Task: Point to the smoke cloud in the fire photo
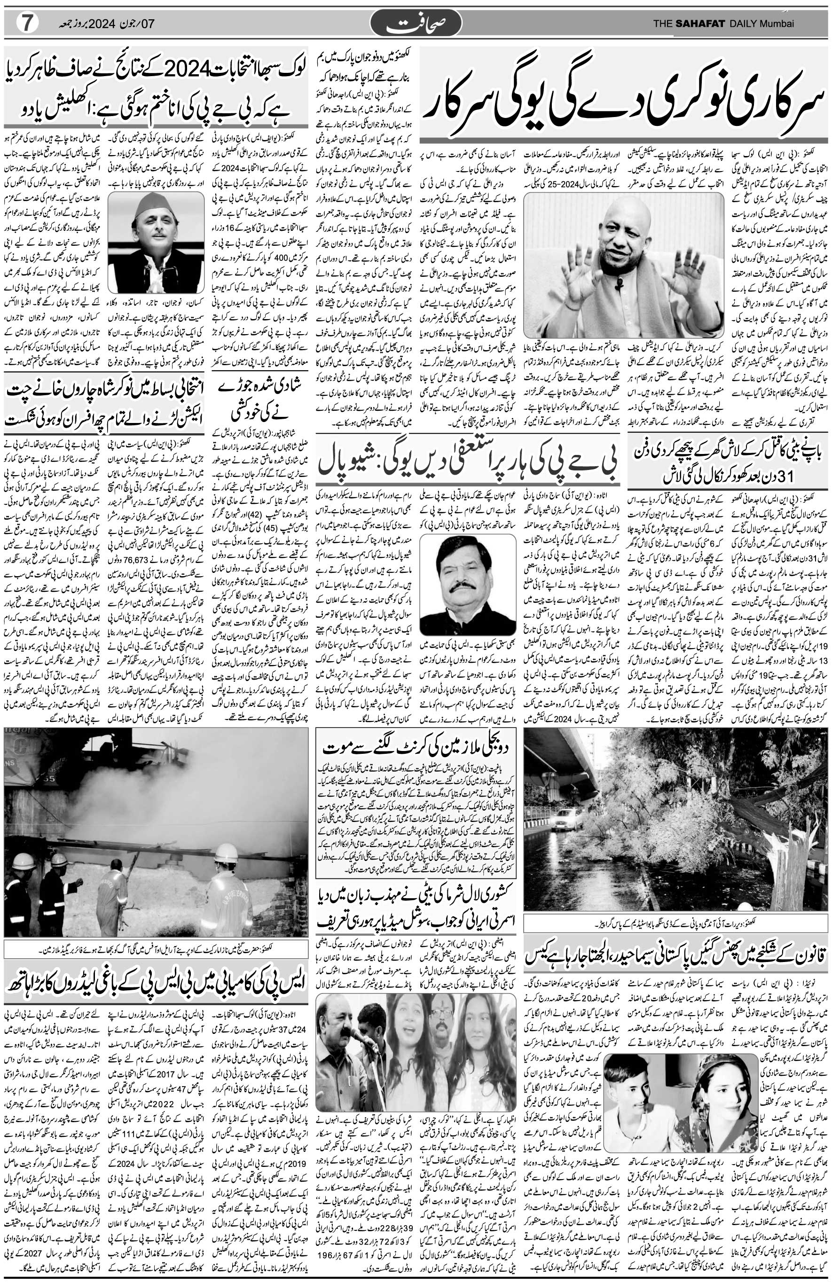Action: (108, 787)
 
